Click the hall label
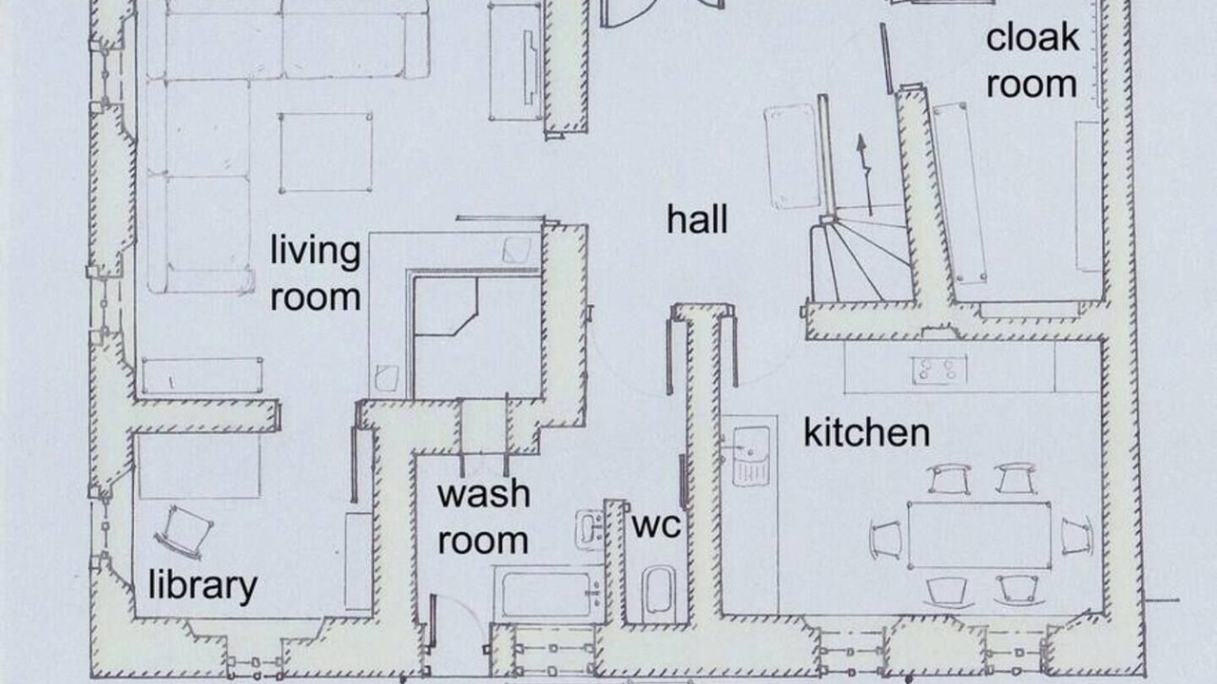(x=697, y=219)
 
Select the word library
(x=203, y=586)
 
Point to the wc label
(x=656, y=525)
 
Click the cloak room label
(x=1033, y=60)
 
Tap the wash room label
(x=484, y=517)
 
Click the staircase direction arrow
(x=865, y=175)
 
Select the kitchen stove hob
(x=939, y=370)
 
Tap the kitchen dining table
(x=979, y=535)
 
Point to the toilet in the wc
(x=659, y=594)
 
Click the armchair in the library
(x=184, y=533)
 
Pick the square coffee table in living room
(x=325, y=153)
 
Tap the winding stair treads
(x=861, y=260)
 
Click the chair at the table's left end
(x=885, y=539)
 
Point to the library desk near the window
(x=200, y=466)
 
